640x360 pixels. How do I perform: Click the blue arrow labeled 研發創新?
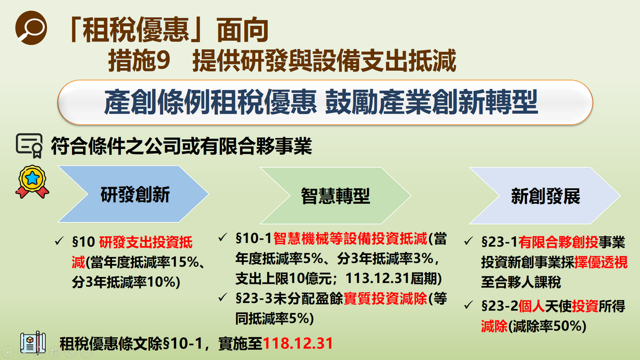tap(134, 195)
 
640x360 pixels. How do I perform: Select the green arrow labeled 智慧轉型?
tap(335, 196)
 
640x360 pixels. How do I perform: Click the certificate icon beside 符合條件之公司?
tap(30, 145)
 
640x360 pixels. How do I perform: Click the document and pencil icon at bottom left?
tap(33, 343)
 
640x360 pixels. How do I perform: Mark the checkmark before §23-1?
tap(468, 242)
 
